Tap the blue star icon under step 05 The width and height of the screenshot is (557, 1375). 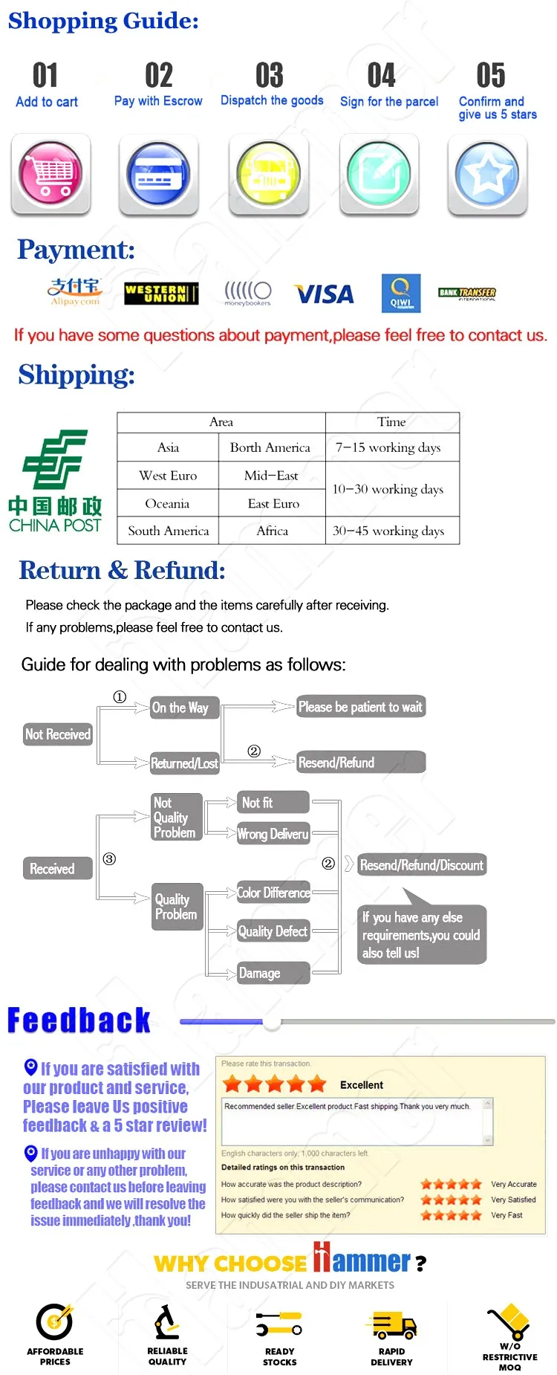[x=487, y=174]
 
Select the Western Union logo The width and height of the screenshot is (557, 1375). [x=161, y=293]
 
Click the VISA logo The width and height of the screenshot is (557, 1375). [x=324, y=294]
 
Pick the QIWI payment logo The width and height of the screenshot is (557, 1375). [x=401, y=293]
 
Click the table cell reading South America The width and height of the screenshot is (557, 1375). [x=169, y=531]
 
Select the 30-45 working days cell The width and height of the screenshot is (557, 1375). [x=388, y=531]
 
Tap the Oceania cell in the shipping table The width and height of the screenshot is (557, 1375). [x=167, y=503]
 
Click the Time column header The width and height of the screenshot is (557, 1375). [x=391, y=422]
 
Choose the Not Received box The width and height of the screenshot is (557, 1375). [x=57, y=734]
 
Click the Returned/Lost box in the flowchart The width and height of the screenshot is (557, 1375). [x=184, y=763]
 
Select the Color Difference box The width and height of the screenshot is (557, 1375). [x=273, y=893]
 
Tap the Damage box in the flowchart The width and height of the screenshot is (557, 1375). [x=273, y=973]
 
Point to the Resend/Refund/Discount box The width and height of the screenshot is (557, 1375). [x=421, y=865]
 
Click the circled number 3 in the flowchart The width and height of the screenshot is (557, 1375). [x=109, y=859]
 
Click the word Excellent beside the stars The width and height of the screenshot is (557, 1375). [x=362, y=1085]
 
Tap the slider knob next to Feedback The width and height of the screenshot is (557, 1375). [x=272, y=1022]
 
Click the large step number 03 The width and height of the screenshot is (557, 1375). [x=270, y=75]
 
